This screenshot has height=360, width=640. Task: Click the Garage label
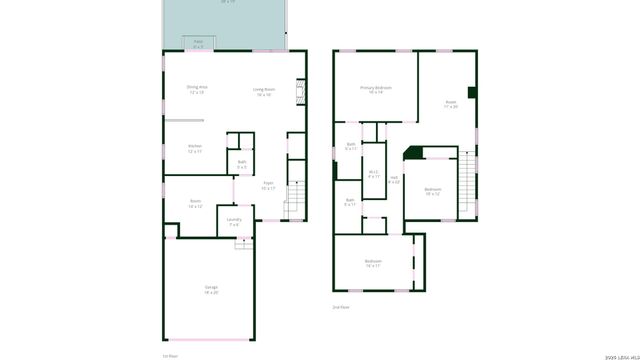coord(211,289)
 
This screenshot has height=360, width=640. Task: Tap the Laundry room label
coord(234,221)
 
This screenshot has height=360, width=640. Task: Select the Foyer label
coord(269,185)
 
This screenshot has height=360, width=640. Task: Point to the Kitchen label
coord(195,148)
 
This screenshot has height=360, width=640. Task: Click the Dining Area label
coord(196,89)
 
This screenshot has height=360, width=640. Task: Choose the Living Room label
coord(265,92)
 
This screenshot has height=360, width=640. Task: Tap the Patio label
coord(198,43)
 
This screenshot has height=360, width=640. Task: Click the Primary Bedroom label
coord(376,90)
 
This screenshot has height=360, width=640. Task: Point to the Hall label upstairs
coord(394,180)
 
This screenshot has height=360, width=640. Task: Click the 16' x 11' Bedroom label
coord(373,263)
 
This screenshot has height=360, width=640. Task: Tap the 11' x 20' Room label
coord(450,104)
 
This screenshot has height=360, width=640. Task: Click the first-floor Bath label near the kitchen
coord(242,163)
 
